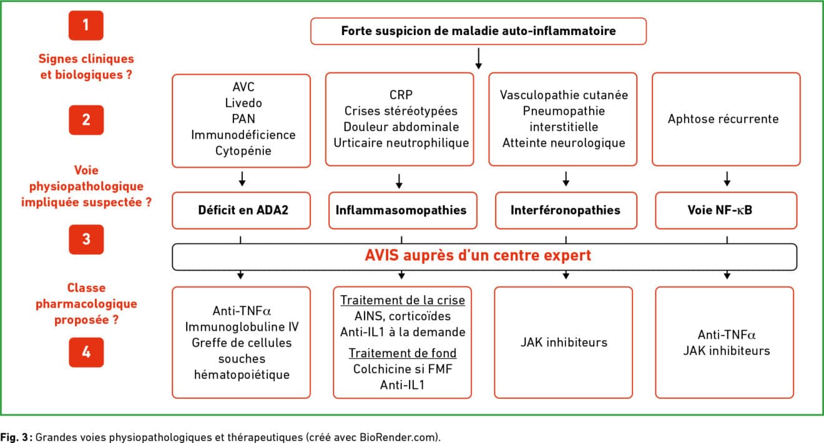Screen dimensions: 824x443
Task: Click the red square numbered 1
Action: [86, 26]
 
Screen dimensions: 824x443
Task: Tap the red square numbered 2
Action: [86, 120]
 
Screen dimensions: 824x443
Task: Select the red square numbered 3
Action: [86, 240]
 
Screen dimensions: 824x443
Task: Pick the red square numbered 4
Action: [86, 352]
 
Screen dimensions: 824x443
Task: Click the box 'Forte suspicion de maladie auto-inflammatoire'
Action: [478, 31]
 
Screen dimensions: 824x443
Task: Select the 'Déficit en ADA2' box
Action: [242, 210]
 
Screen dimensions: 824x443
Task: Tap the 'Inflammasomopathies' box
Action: [403, 210]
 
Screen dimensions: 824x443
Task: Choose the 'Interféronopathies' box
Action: [566, 210]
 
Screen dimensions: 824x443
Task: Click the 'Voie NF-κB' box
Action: [726, 210]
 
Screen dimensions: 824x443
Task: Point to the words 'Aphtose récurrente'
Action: [723, 119]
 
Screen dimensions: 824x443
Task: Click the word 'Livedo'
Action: [243, 103]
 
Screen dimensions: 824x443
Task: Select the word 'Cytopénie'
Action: [243, 151]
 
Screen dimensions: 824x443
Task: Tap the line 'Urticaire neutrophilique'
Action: [401, 143]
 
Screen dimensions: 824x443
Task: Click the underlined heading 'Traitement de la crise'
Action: [403, 300]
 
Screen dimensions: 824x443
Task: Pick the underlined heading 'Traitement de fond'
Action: [403, 353]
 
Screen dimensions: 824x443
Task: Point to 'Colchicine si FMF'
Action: [403, 369]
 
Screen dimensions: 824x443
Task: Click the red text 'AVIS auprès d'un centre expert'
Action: [478, 256]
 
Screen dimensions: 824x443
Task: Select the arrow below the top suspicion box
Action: [479, 59]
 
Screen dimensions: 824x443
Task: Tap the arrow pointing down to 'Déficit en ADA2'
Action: [242, 178]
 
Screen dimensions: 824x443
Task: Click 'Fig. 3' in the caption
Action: [14, 437]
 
